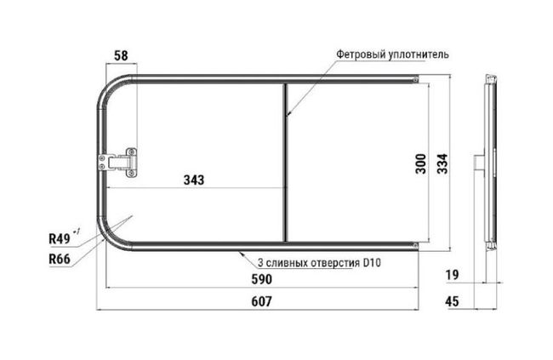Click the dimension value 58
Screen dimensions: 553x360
tap(121, 56)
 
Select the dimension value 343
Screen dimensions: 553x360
tap(194, 180)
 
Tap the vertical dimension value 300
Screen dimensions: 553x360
tap(421, 163)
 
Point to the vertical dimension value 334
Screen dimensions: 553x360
tap(442, 163)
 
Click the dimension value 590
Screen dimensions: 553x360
tap(262, 279)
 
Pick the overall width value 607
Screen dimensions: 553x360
tap(262, 301)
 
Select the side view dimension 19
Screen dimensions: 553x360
tap(452, 275)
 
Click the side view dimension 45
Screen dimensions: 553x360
tap(452, 301)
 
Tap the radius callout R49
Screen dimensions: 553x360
tap(60, 239)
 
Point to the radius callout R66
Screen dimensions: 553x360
tap(60, 259)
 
